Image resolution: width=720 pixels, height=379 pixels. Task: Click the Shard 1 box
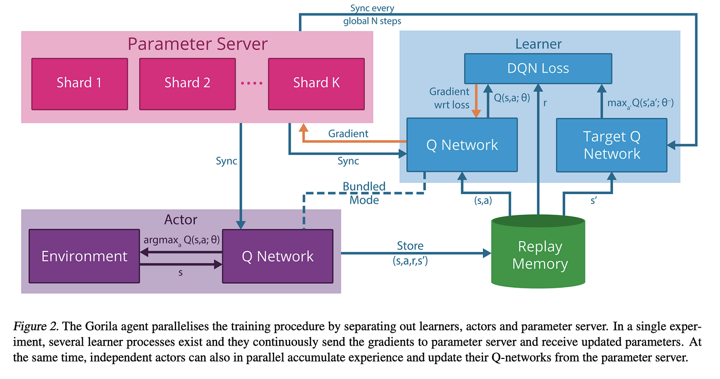pos(79,82)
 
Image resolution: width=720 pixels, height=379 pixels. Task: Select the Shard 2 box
pos(187,82)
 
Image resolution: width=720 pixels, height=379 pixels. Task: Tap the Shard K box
pos(316,82)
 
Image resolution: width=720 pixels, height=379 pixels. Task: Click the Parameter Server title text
pos(197,44)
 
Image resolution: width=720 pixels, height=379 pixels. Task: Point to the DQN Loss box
pos(538,68)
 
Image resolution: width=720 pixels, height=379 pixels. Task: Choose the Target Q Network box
pos(611,145)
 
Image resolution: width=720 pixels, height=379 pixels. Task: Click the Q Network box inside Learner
pos(462,145)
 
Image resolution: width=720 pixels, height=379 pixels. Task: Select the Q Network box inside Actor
pos(277,256)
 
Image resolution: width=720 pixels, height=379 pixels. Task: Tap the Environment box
pos(84,256)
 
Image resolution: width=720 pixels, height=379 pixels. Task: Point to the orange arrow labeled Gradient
pos(350,141)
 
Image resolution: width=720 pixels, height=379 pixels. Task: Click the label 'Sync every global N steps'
pos(372,15)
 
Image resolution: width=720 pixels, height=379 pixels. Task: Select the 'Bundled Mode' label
pos(364,193)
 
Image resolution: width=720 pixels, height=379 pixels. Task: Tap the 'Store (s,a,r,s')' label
pos(410,254)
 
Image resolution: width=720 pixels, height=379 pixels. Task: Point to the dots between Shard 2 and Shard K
pos(251,83)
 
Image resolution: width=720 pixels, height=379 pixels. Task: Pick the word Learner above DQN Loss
pos(538,44)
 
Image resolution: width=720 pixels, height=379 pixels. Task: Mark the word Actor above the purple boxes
pos(181,220)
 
